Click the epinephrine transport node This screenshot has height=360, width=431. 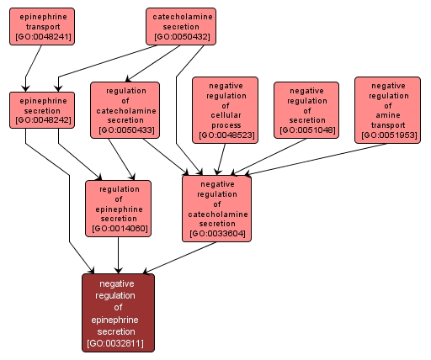pyautogui.click(x=42, y=26)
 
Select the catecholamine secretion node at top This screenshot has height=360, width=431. pyautogui.click(x=180, y=26)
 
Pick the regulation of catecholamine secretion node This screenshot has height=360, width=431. pyautogui.click(x=125, y=109)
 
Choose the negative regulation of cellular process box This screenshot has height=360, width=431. pyautogui.click(x=225, y=109)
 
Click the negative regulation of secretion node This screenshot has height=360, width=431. pyautogui.click(x=306, y=109)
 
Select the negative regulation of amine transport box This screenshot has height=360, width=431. pyautogui.click(x=387, y=109)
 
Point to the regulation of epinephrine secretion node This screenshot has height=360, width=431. pyautogui.click(x=118, y=208)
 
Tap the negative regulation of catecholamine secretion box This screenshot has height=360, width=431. pyautogui.click(x=216, y=208)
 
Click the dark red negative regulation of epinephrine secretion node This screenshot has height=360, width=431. pyautogui.click(x=118, y=312)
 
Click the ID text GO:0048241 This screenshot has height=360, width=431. pyautogui.click(x=42, y=37)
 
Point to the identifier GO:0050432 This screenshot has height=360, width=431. pyautogui.click(x=180, y=37)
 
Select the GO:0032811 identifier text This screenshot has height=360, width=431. pyautogui.click(x=118, y=343)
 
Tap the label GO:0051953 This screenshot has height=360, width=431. pyautogui.click(x=387, y=135)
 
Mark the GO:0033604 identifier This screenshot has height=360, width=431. pyautogui.click(x=216, y=233)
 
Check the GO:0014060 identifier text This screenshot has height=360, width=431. pyautogui.click(x=118, y=228)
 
